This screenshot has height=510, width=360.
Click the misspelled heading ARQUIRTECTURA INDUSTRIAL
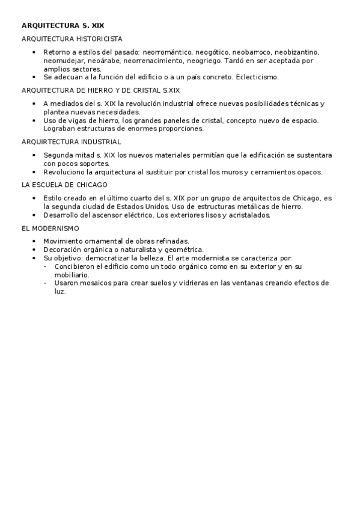[71, 142]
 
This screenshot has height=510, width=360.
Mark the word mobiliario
[72, 274]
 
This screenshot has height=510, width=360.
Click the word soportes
[94, 163]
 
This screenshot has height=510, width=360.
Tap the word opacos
[309, 172]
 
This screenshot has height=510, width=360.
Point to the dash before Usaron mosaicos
[46, 283]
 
